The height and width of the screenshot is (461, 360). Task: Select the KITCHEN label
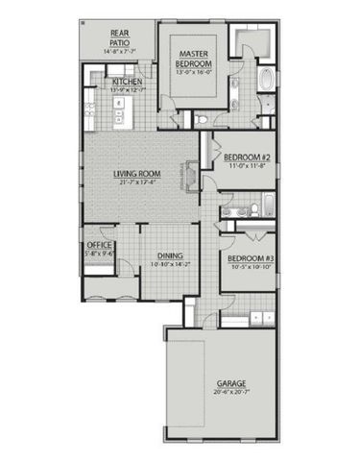[128, 83]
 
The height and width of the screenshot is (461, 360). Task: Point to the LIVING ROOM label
[136, 174]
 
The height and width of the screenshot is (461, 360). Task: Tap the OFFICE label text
[100, 246]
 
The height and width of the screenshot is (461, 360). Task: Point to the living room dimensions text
[136, 182]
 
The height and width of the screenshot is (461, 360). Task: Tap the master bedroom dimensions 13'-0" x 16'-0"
[194, 70]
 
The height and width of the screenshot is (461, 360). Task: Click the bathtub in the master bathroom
[265, 84]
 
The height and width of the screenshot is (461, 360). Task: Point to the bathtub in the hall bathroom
[269, 205]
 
